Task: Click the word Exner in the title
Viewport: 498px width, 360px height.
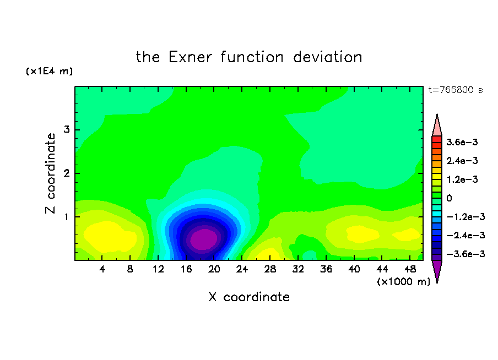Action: [190, 57]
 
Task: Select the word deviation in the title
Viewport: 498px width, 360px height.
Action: [327, 57]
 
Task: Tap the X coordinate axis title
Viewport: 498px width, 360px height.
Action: [249, 297]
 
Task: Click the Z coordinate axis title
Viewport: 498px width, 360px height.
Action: [51, 173]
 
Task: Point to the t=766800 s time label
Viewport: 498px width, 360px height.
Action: [456, 90]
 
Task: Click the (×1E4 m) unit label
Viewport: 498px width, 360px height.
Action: [49, 71]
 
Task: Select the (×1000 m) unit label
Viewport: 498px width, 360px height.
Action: [403, 281]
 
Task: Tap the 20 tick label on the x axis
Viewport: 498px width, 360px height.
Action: [214, 269]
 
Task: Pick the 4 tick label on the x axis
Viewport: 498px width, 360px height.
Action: [102, 269]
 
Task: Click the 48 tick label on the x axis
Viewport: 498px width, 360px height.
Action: [410, 269]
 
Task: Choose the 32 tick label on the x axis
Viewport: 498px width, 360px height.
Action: [297, 269]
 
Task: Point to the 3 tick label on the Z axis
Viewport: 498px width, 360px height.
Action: [66, 129]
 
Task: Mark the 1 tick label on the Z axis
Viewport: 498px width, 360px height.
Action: [66, 217]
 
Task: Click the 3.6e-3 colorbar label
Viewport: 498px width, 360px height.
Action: [462, 142]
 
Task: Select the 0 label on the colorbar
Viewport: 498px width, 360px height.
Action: [449, 198]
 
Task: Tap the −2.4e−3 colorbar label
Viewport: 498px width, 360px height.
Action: [465, 235]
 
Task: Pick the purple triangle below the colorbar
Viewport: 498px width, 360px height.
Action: [437, 270]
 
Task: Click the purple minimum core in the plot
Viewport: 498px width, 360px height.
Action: [204, 239]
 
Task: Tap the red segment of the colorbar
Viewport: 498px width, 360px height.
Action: [437, 139]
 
